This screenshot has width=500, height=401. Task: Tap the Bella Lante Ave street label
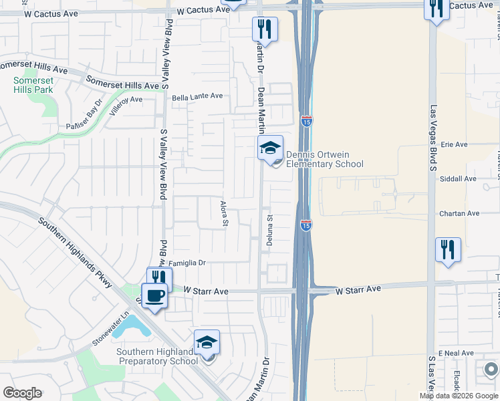point(197,96)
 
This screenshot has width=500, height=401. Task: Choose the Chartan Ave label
point(460,213)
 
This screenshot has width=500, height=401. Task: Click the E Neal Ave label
point(456,353)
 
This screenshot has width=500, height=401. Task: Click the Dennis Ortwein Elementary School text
point(324,159)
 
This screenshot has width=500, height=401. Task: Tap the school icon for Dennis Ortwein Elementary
point(271,148)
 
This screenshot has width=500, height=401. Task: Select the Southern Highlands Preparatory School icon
point(207,342)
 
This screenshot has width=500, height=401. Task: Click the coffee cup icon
point(154,295)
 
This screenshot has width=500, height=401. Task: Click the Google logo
point(23,392)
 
